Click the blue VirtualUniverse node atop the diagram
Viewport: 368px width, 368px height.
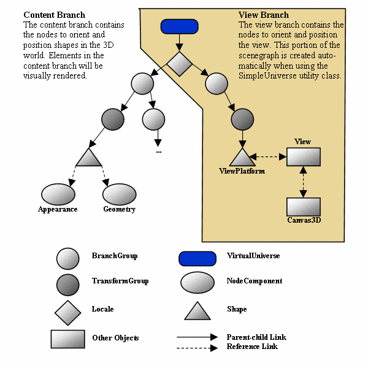179,26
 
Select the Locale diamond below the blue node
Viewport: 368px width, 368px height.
180,64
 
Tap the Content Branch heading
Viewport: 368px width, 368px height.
54,15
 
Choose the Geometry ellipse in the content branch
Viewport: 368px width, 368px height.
119,194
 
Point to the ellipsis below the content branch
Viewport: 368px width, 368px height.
159,151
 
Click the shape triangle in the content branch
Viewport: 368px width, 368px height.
88,157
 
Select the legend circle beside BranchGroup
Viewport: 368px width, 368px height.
67,258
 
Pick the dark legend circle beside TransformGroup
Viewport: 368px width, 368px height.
67,283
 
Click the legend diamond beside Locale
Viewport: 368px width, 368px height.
67,312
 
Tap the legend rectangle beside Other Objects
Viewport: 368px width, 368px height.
67,338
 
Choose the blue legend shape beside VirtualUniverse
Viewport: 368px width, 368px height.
197,258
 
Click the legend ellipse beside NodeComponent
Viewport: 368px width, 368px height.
197,282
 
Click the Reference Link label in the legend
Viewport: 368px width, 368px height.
251,347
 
